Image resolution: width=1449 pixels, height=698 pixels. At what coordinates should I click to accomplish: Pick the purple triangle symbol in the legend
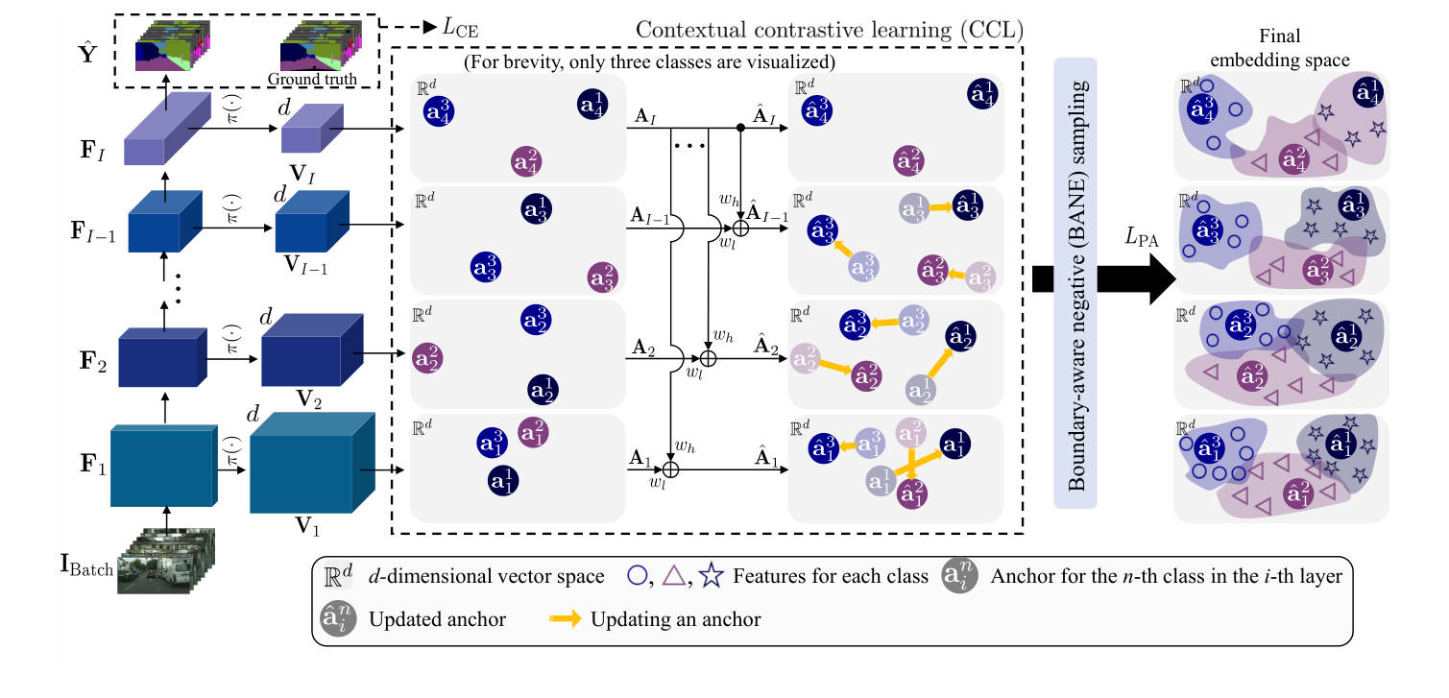[674, 576]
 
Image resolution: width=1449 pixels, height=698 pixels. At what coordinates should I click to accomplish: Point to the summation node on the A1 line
[671, 469]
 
